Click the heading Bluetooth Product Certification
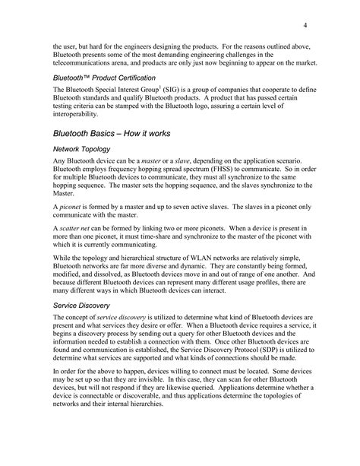105,78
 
